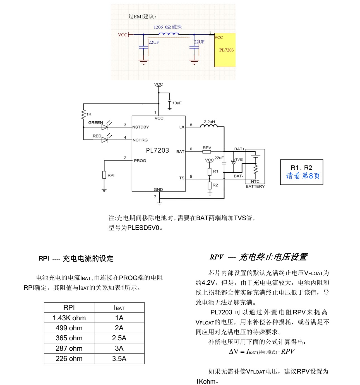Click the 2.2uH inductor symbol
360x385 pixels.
pos(209,126)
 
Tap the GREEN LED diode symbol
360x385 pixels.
pos(105,127)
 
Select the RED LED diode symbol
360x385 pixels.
pos(105,139)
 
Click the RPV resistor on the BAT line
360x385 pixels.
pos(207,151)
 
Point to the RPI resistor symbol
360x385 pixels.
pos(104,175)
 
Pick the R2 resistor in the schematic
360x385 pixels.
pos(210,185)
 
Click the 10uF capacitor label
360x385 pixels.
pos(177,103)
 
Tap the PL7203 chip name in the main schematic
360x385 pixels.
pos(157,150)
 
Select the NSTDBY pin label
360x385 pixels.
pos(141,127)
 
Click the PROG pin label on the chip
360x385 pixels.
pos(140,160)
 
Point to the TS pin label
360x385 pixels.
pos(182,178)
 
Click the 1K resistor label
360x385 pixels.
pos(89,114)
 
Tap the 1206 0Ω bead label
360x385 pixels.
pos(167,27)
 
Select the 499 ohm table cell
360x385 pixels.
pos(69,328)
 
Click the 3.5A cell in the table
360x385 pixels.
pos(119,358)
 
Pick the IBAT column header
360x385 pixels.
pos(119,308)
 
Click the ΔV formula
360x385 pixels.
pos(262,352)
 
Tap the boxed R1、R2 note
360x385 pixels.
pos(301,172)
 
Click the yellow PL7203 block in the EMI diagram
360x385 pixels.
pos(225,50)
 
